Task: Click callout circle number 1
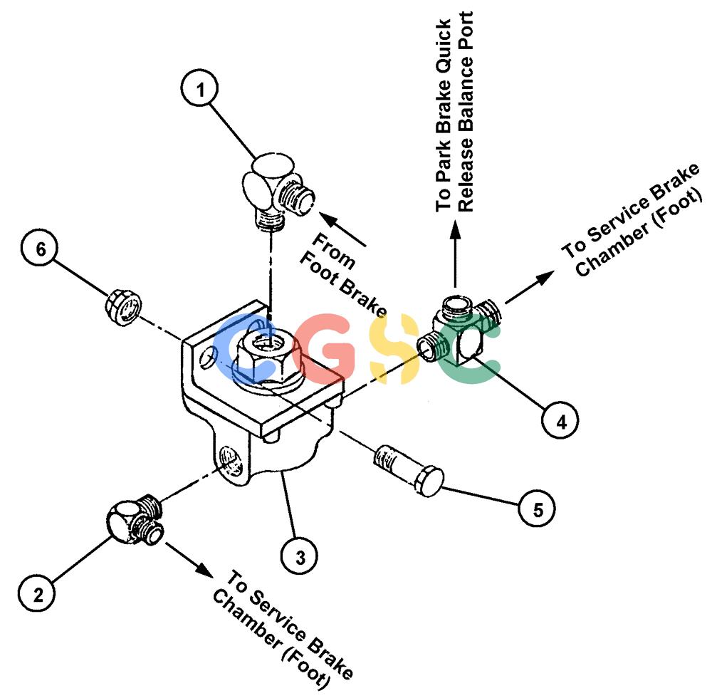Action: (200, 88)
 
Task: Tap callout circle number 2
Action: (37, 593)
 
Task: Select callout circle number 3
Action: (299, 556)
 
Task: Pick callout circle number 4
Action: (560, 420)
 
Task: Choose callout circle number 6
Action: (40, 249)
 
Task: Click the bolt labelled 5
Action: (409, 471)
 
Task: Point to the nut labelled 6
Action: (123, 308)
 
